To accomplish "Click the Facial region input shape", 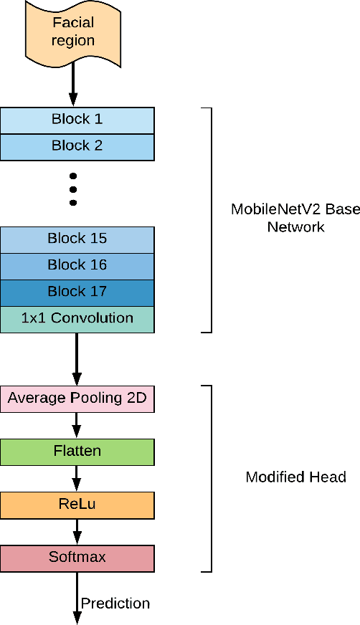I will pyautogui.click(x=73, y=32).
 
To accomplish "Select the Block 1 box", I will pyautogui.click(x=77, y=120).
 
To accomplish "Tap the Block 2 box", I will pyautogui.click(x=77, y=146).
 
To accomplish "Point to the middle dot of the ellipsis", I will pyautogui.click(x=73, y=190).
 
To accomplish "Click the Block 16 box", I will pyautogui.click(x=77, y=265).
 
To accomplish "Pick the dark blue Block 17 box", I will pyautogui.click(x=77, y=292).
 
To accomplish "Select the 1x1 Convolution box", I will pyautogui.click(x=77, y=318).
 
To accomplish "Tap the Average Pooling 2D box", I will pyautogui.click(x=77, y=399).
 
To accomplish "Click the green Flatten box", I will pyautogui.click(x=77, y=452).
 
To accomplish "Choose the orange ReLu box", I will pyautogui.click(x=77, y=505).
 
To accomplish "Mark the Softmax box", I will pyautogui.click(x=77, y=558).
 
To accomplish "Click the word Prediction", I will pyautogui.click(x=115, y=603).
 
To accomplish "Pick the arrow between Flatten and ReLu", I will pyautogui.click(x=77, y=478).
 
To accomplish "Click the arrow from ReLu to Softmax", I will pyautogui.click(x=77, y=531).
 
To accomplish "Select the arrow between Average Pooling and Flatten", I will pyautogui.click(x=77, y=425).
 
